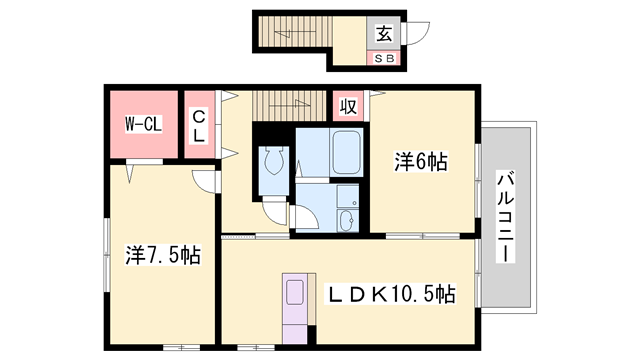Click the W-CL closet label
(143, 124)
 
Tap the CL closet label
(199, 125)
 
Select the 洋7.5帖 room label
(163, 255)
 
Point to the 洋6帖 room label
(421, 161)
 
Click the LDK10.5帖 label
(390, 293)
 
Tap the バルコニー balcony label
(505, 217)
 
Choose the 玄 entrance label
(384, 33)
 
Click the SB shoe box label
(384, 58)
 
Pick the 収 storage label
(348, 107)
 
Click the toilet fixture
(274, 160)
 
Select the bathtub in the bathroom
(346, 152)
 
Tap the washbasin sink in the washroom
(347, 221)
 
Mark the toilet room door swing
(275, 211)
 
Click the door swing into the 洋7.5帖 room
(205, 181)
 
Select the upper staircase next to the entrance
(296, 32)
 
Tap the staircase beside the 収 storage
(289, 106)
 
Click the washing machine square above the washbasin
(347, 196)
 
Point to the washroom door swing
(304, 218)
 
